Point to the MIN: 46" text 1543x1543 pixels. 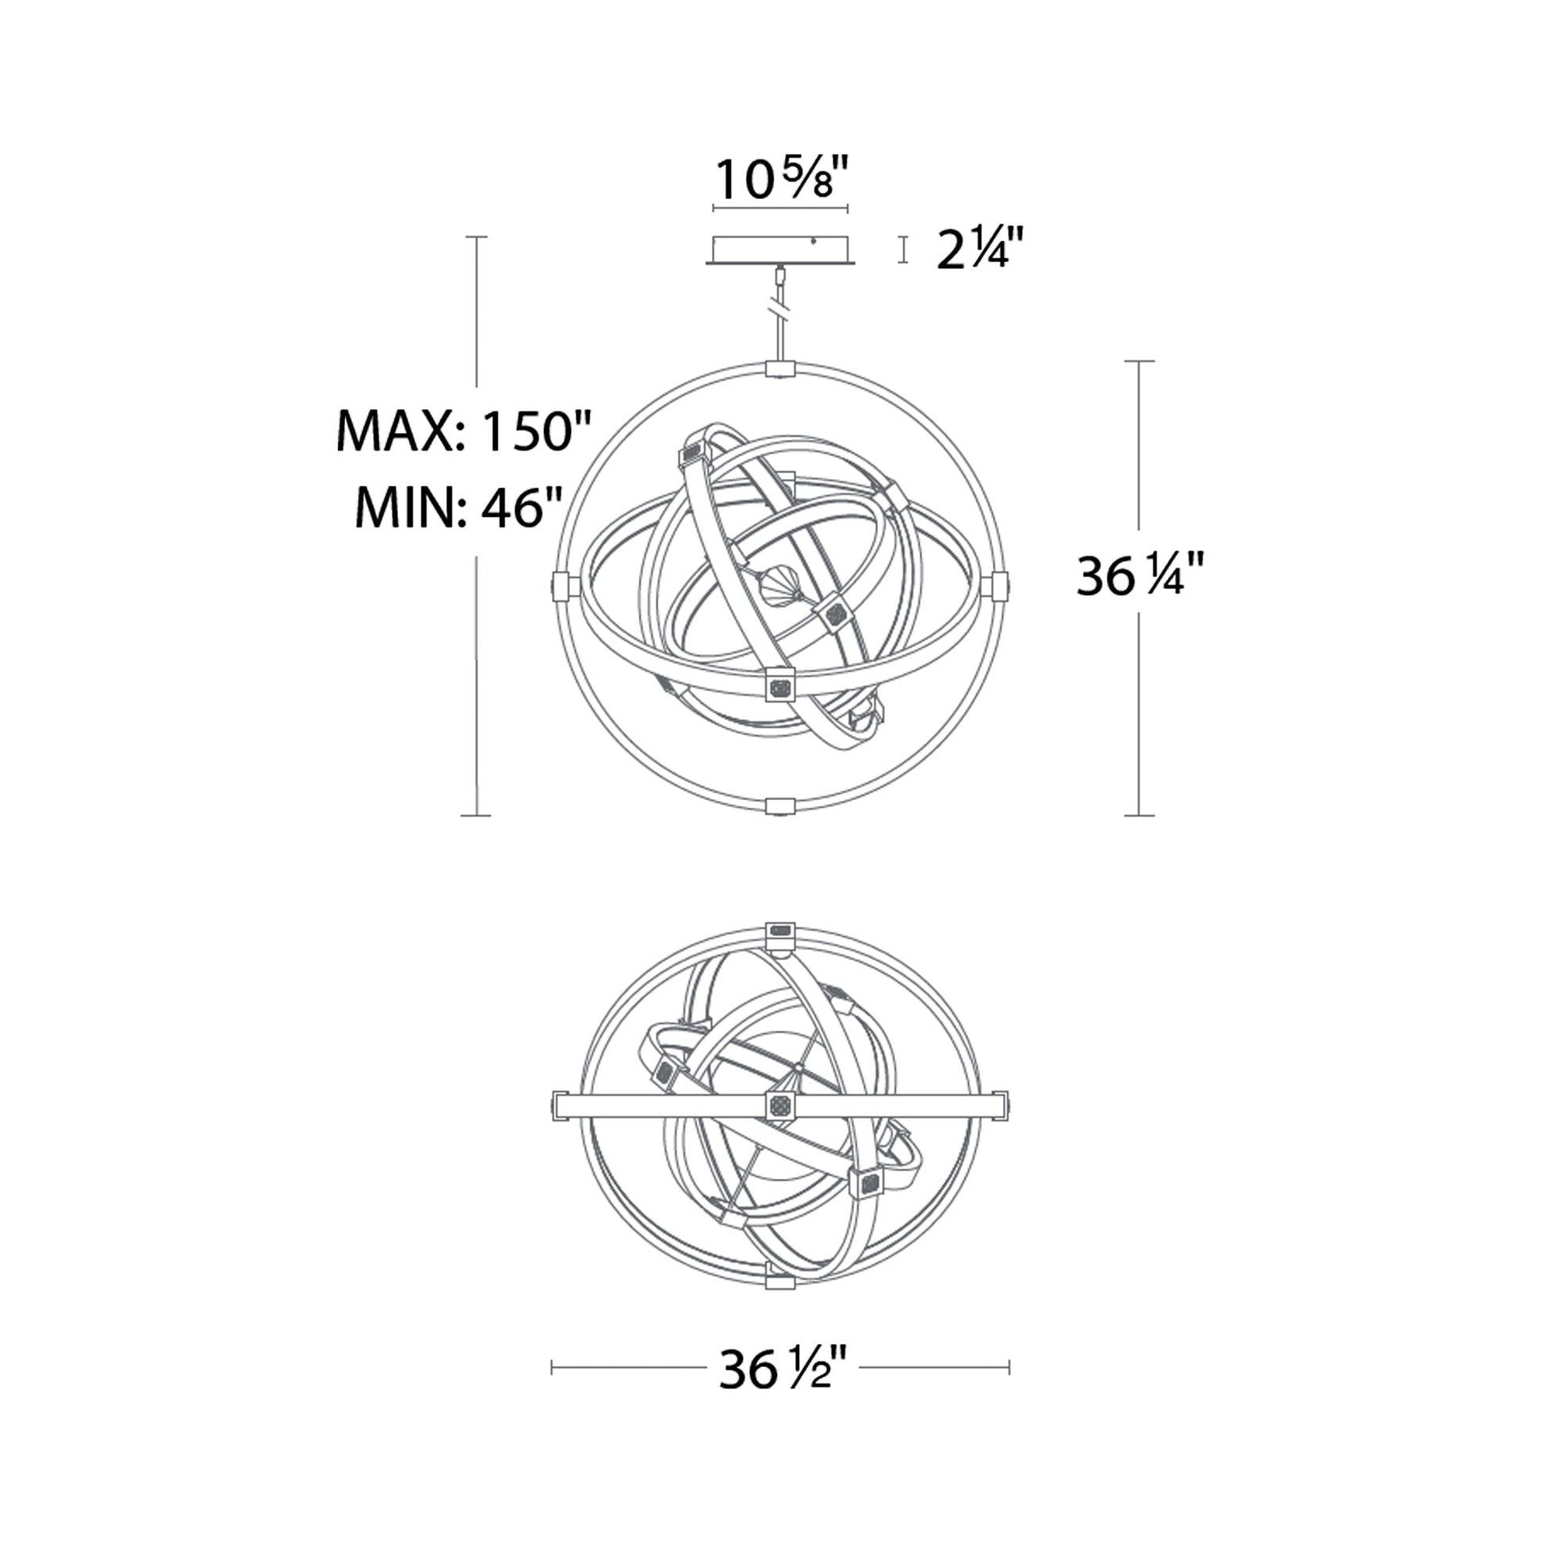pos(458,507)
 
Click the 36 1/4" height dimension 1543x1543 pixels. pos(1139,575)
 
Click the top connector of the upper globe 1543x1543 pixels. pos(780,368)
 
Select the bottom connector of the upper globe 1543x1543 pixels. pos(780,805)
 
